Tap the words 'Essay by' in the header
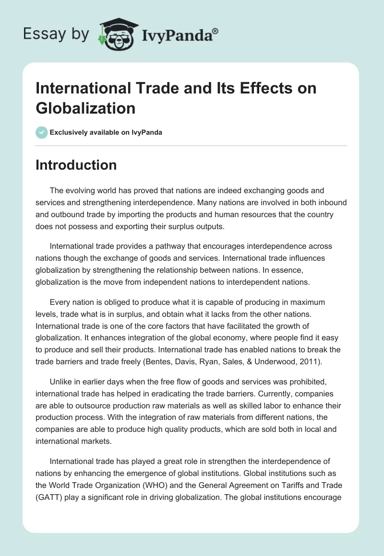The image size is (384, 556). (x=56, y=34)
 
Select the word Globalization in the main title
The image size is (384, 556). (x=85, y=108)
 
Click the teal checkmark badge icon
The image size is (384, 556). (x=42, y=132)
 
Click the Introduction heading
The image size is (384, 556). (x=76, y=165)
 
